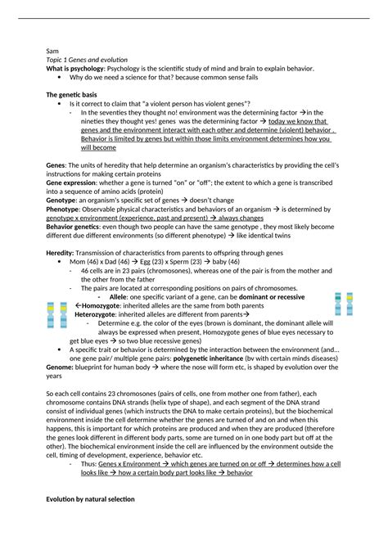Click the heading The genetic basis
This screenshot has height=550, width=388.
(73, 96)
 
